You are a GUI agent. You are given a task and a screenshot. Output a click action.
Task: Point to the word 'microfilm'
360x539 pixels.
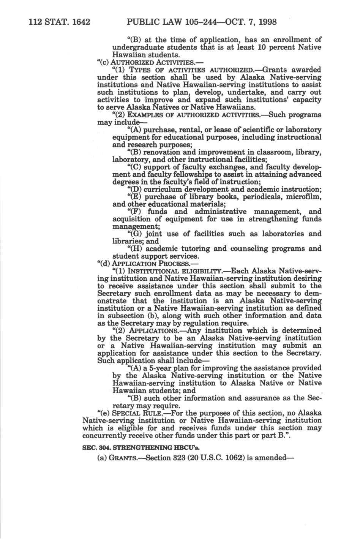pos(302,197)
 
